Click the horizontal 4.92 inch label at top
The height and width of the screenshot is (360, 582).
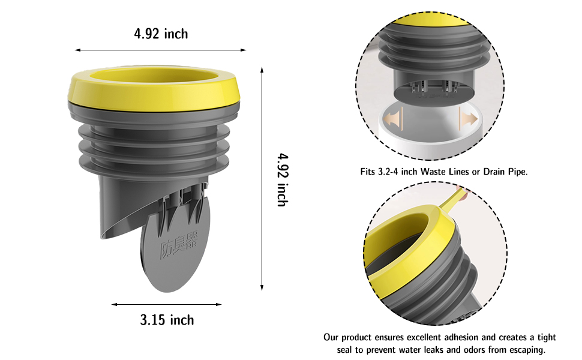coord(161,34)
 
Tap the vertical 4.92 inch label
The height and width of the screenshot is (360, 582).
coord(283,179)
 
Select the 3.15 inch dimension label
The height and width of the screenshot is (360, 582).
coord(167,320)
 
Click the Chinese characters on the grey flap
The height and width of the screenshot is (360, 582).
coord(179,245)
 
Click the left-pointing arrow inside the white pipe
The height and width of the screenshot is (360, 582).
coord(394,119)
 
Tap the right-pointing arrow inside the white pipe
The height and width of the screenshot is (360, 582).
coord(469,119)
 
